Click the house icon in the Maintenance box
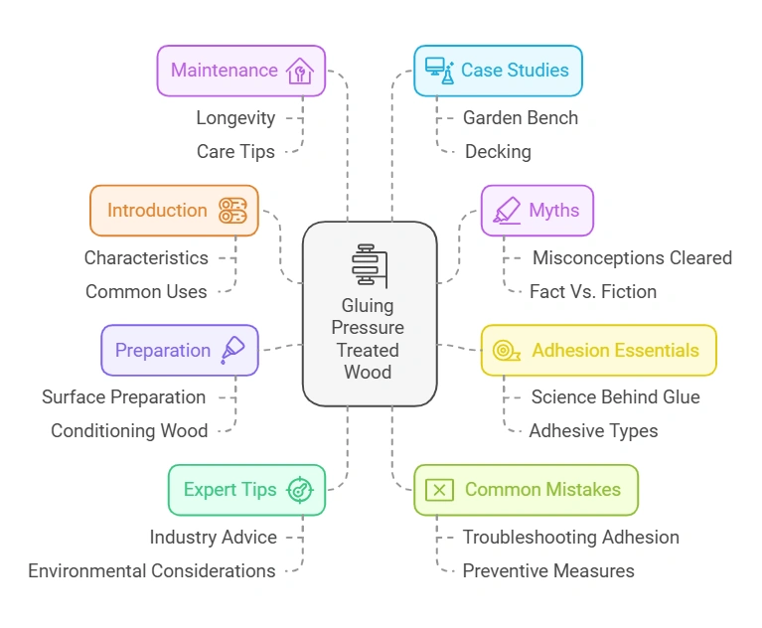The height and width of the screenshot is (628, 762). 299,71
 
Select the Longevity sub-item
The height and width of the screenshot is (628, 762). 235,117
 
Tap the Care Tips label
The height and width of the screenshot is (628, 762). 235,151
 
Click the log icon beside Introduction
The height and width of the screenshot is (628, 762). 232,211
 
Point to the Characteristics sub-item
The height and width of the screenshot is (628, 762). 146,257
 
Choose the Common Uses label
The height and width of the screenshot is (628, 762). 146,291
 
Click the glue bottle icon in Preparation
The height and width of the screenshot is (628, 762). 232,350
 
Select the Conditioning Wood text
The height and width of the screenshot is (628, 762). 129,430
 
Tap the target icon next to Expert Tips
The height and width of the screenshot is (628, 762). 298,490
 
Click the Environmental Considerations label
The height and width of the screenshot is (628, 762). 152,570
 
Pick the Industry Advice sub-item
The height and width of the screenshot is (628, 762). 214,537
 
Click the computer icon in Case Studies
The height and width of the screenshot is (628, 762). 437,71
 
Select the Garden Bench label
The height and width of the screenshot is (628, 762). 520,117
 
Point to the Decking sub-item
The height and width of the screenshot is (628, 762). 498,151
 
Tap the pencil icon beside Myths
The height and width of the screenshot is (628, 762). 506,211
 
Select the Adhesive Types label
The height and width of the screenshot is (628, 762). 593,430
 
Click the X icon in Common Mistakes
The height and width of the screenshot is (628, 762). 439,490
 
